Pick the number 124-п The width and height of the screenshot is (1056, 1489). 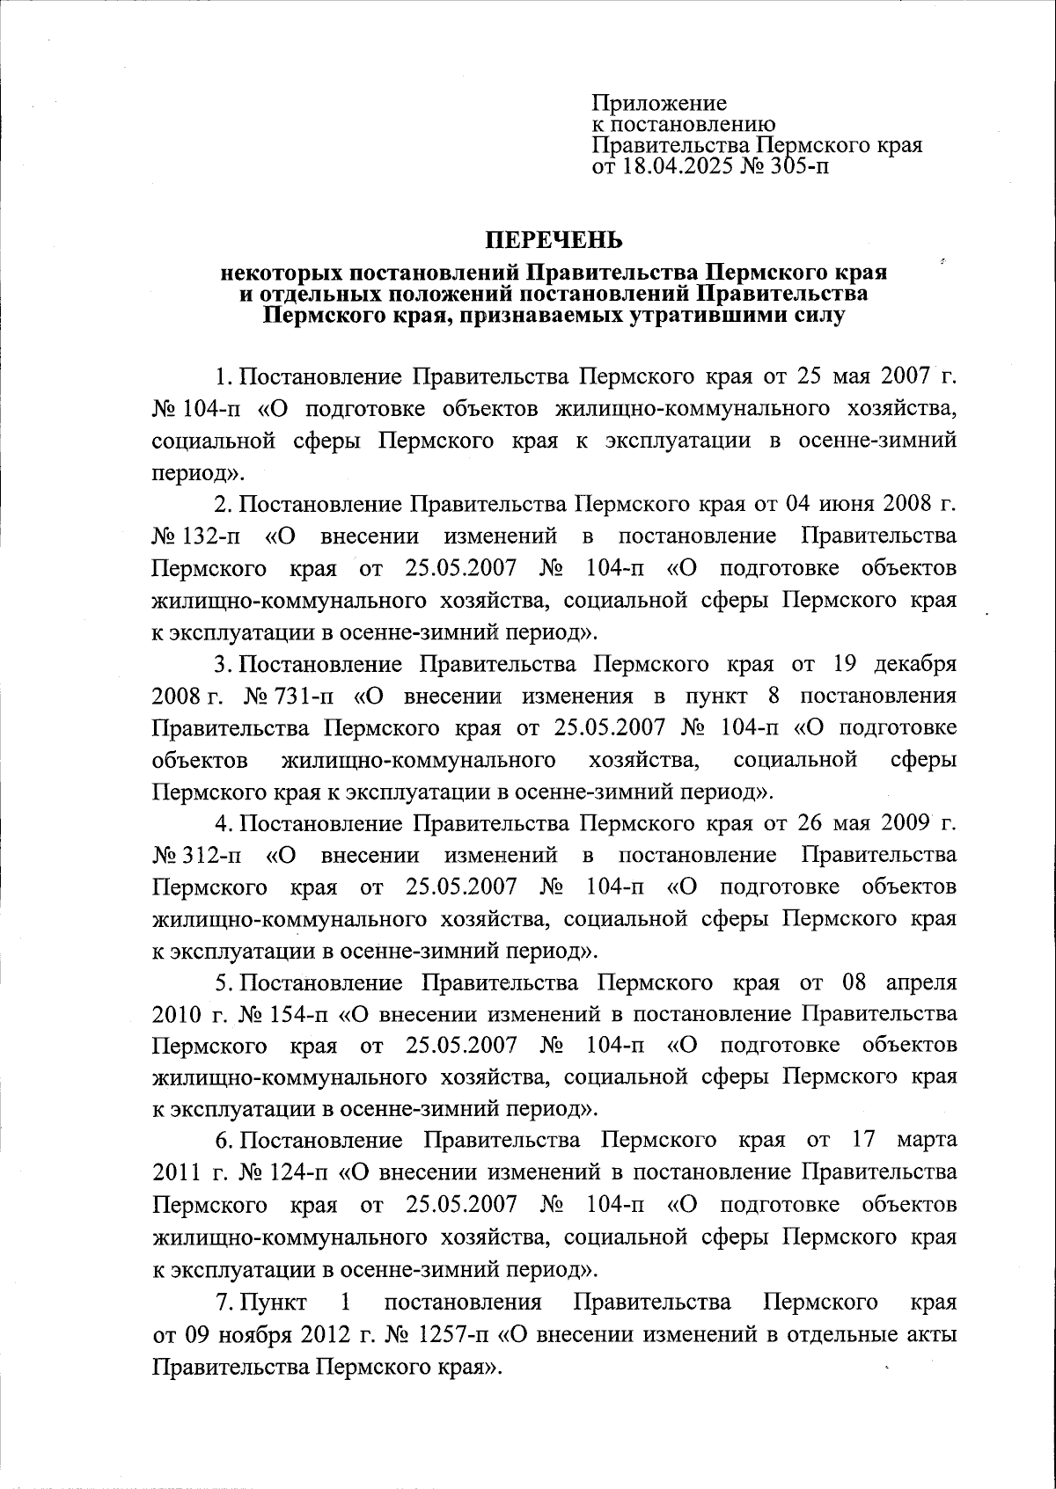coord(295,1172)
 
